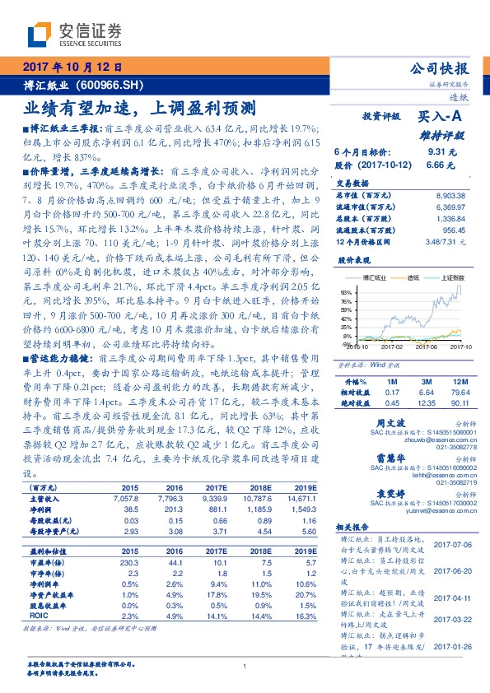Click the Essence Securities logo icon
coord(40,33)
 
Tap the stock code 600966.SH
coord(114,85)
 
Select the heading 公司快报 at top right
coord(439,69)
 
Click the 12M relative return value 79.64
coord(459,393)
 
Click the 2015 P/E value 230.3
coord(132,562)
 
